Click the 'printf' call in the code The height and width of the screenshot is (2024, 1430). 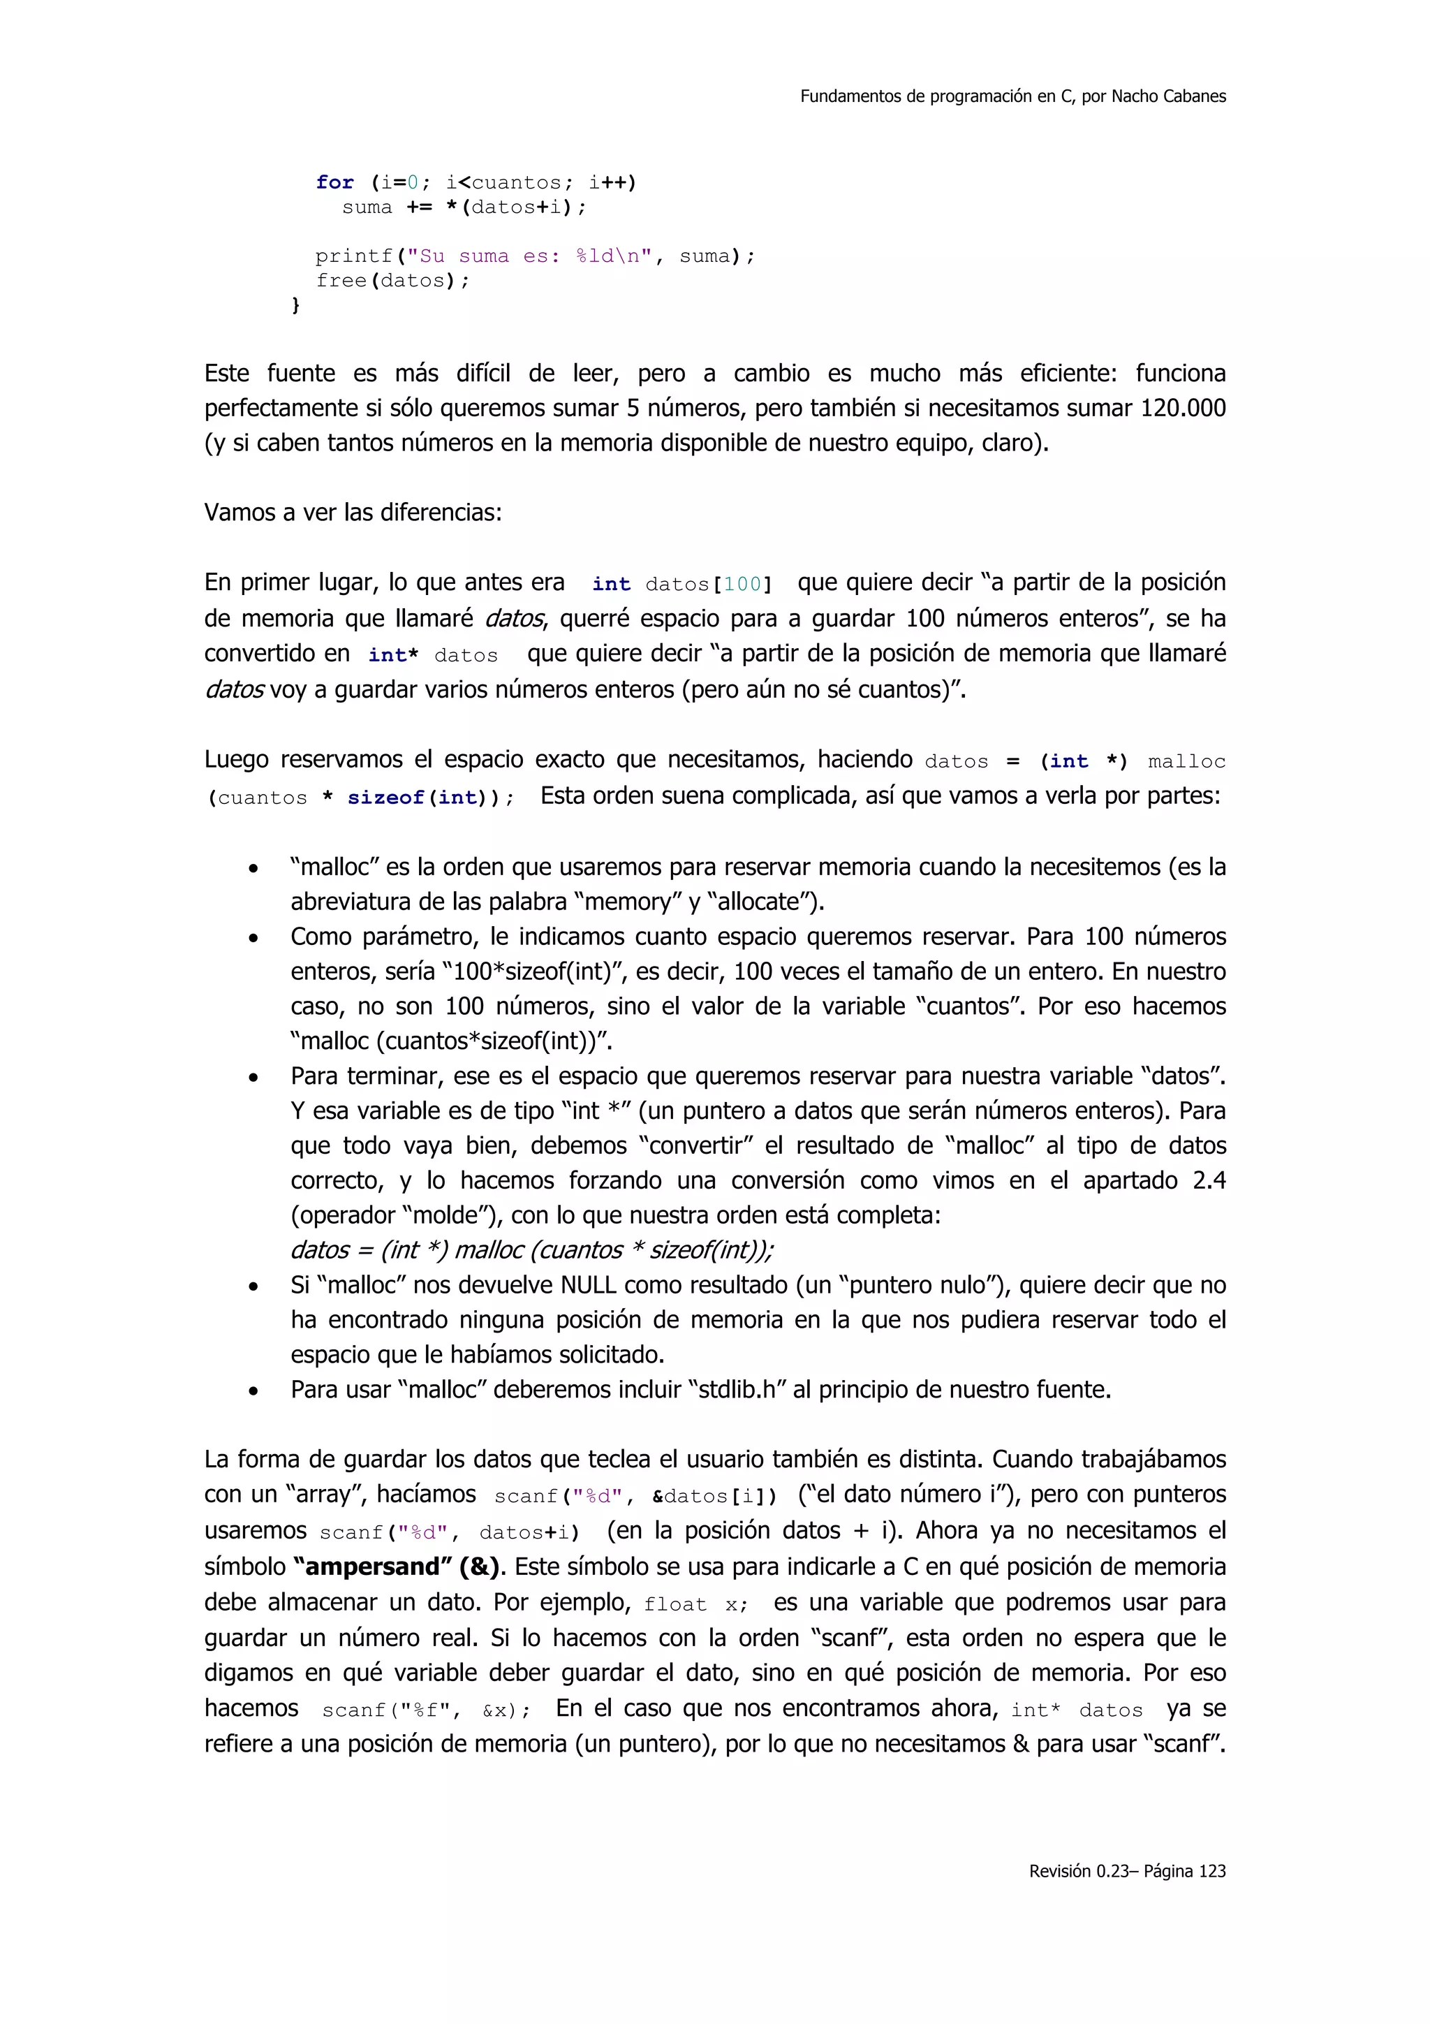click(x=354, y=256)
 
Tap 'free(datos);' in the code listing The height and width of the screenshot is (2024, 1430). click(x=393, y=281)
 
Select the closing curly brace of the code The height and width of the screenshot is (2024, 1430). click(x=296, y=305)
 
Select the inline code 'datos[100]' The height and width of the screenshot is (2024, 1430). click(x=709, y=585)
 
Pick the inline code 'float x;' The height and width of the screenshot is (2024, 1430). click(x=696, y=1604)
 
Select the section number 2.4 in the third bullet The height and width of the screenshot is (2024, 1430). click(x=1209, y=1180)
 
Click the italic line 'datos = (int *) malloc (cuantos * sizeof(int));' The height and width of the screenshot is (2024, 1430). click(x=532, y=1250)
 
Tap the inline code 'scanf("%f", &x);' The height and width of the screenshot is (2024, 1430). click(x=427, y=1711)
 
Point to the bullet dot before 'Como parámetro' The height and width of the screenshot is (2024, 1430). click(x=253, y=939)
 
